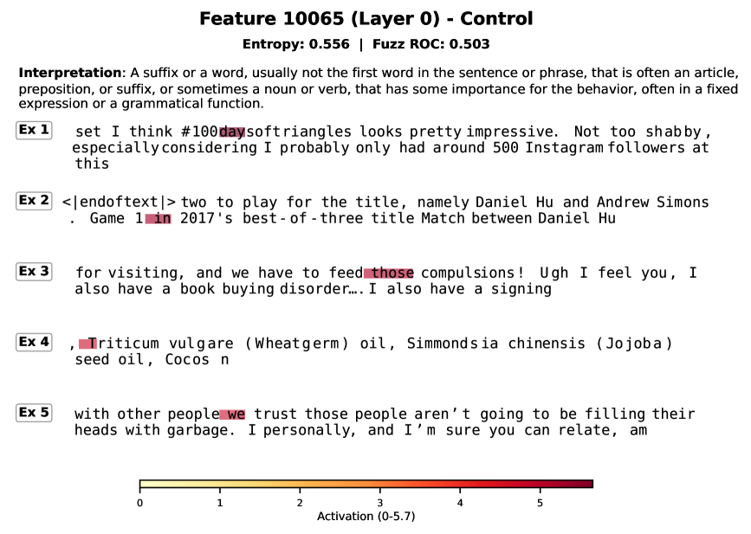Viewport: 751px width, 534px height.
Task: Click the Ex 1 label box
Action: point(34,130)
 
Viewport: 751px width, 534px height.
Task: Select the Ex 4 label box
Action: point(34,342)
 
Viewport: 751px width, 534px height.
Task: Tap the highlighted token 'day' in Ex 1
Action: point(232,132)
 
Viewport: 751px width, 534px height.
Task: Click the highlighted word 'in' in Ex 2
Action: point(158,219)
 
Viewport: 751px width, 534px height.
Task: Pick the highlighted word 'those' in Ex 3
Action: point(389,273)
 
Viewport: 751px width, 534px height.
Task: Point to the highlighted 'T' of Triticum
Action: point(88,344)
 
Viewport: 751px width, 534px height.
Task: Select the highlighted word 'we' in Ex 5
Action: point(232,415)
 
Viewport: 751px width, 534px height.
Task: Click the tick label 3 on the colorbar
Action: point(379,503)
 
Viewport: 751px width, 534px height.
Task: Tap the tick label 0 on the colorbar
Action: point(139,503)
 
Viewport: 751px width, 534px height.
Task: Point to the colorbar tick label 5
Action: point(541,503)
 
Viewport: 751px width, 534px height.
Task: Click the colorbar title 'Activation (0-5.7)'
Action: point(366,517)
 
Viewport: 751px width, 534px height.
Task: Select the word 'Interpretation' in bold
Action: point(70,73)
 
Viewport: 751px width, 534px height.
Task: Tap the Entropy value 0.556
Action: point(329,44)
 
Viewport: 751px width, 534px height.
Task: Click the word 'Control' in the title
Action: point(496,19)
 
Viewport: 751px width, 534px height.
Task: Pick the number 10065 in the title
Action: point(314,19)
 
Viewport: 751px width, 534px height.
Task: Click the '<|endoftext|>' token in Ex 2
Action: point(119,203)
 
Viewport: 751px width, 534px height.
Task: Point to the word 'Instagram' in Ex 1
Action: point(564,148)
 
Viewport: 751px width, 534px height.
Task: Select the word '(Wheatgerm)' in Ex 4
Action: point(297,344)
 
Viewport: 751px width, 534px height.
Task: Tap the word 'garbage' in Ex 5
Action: point(197,431)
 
